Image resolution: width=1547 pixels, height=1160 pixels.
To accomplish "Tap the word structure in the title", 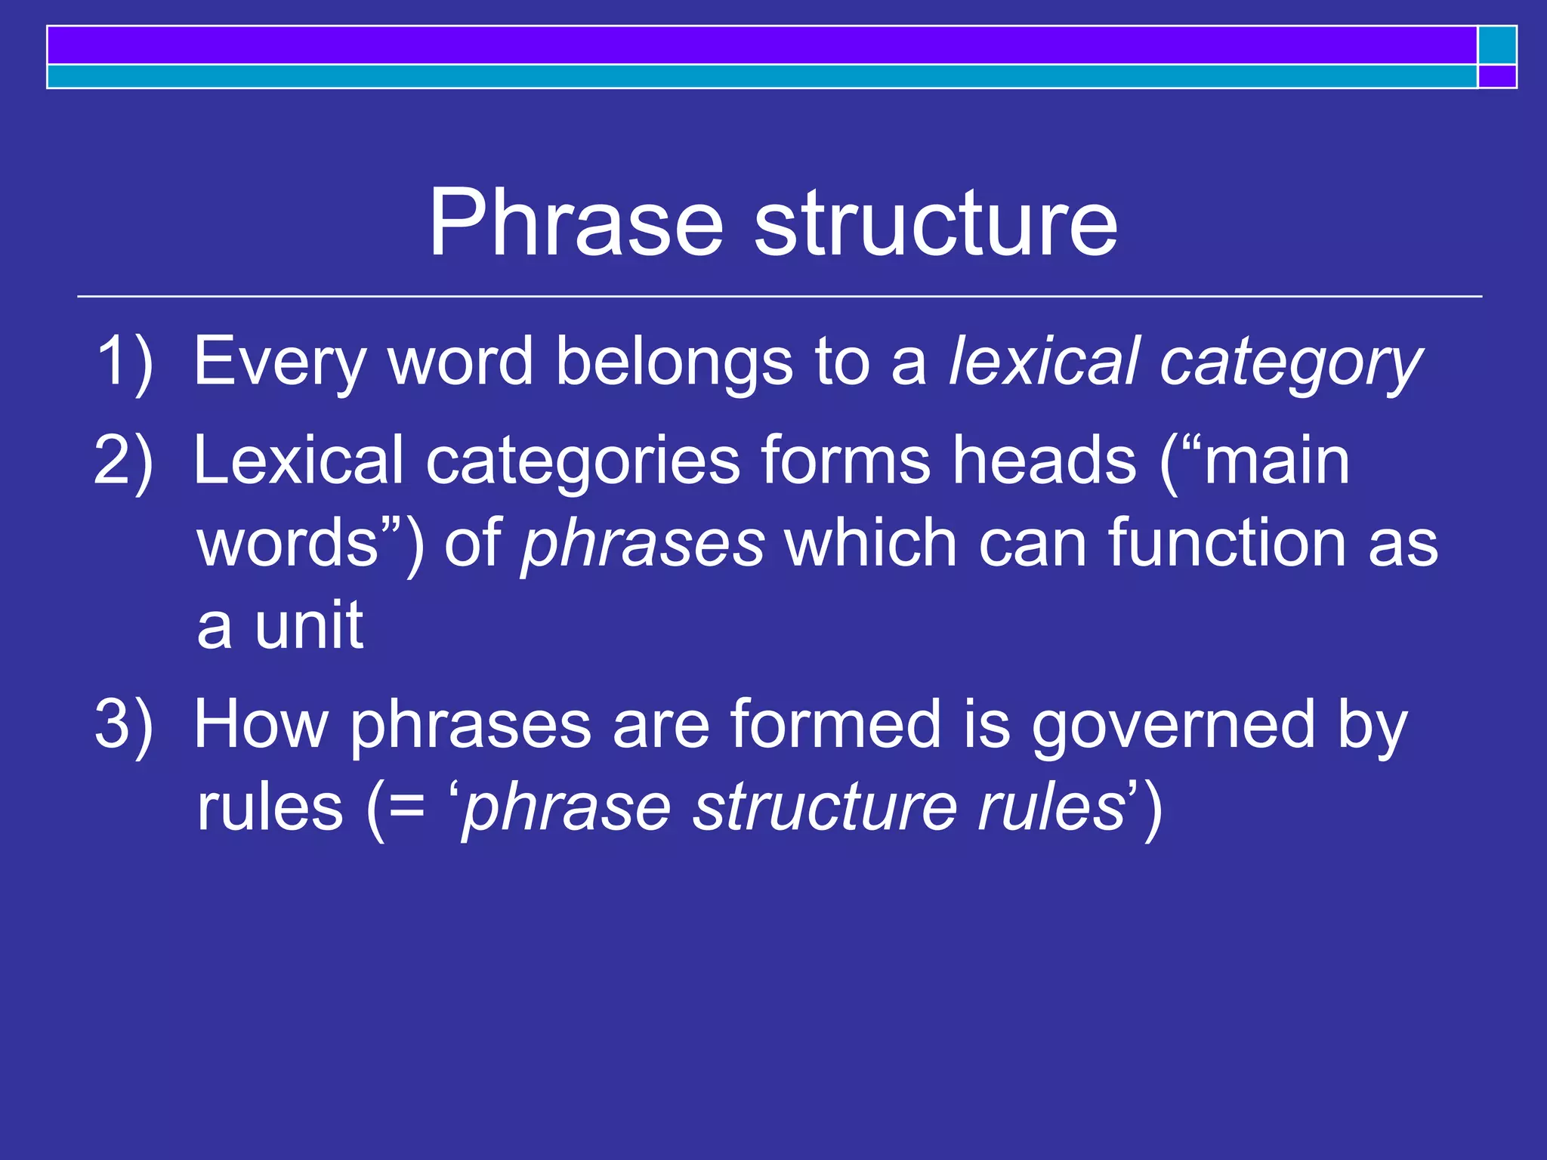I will click(x=936, y=224).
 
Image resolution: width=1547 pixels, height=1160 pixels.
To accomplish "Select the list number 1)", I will click(x=125, y=361).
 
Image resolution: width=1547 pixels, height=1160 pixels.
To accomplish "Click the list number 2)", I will click(x=124, y=460).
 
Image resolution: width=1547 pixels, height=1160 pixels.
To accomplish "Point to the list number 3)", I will click(x=124, y=723).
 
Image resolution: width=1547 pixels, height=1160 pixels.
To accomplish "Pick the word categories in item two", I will click(x=582, y=461).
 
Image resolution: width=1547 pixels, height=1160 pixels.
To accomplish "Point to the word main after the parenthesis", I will click(x=1276, y=461).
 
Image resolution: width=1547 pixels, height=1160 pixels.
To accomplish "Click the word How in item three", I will click(x=261, y=723).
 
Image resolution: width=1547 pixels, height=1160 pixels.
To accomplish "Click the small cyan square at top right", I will click(x=1497, y=45).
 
